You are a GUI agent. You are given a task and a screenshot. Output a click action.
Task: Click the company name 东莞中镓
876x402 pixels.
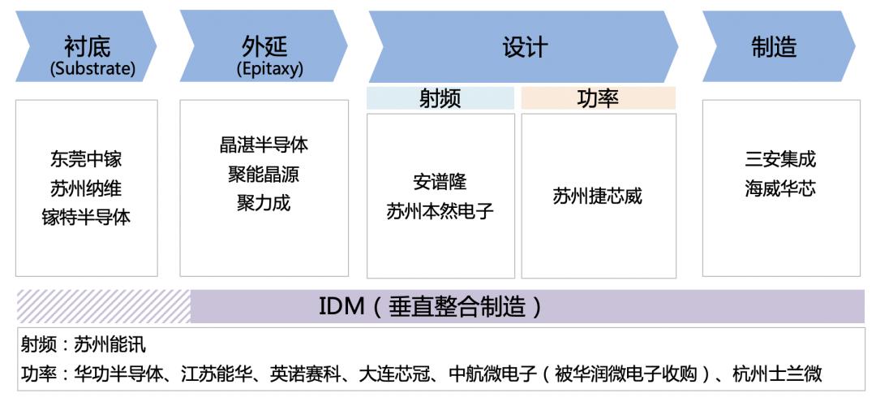(x=86, y=159)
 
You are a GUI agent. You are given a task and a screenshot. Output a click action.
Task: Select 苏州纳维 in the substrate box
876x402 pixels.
(x=86, y=188)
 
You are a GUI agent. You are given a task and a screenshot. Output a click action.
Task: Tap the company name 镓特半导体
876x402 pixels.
(x=86, y=217)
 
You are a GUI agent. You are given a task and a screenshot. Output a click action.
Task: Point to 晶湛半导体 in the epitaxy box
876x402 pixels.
(x=264, y=145)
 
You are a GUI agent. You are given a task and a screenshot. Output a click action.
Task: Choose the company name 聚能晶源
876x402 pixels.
(x=264, y=174)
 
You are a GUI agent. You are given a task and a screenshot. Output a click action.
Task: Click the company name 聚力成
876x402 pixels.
(x=264, y=202)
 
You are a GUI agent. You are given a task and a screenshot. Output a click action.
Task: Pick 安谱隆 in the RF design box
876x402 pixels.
(x=440, y=182)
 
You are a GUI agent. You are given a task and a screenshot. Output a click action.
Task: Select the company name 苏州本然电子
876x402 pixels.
(x=440, y=211)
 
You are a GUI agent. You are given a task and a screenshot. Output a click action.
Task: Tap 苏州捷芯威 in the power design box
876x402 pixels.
(x=598, y=196)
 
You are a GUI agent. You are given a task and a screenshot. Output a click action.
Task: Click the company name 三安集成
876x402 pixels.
(x=780, y=159)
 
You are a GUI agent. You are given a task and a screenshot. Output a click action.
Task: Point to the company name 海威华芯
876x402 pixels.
(x=780, y=188)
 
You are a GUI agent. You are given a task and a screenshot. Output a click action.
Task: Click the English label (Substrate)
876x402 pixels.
(x=92, y=68)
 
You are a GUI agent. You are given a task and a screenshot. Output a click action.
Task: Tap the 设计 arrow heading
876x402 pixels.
(x=524, y=47)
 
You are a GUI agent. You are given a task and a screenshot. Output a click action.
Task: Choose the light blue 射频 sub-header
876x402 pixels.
(x=440, y=98)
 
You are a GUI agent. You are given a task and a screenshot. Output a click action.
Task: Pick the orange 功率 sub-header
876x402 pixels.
(x=599, y=98)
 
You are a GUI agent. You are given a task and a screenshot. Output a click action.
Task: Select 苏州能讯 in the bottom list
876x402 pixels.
(x=110, y=344)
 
